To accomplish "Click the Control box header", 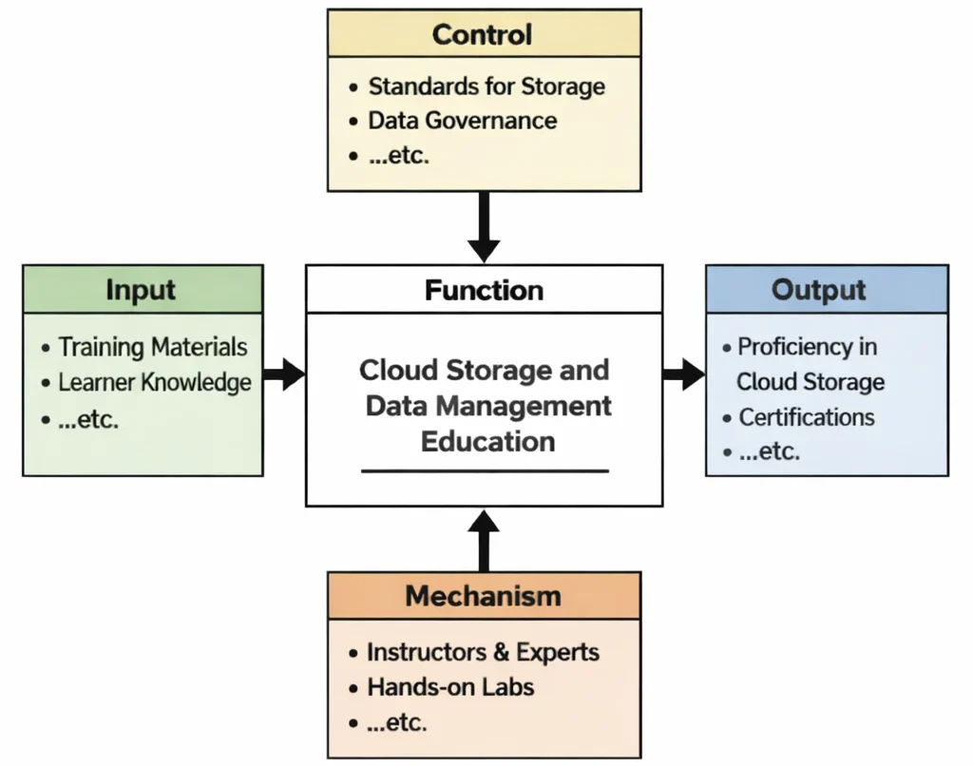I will pyautogui.click(x=484, y=34).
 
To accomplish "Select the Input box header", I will pyautogui.click(x=143, y=290).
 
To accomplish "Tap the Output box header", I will pyautogui.click(x=826, y=290).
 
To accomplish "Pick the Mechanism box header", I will pyautogui.click(x=484, y=596).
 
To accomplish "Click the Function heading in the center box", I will pyautogui.click(x=484, y=290).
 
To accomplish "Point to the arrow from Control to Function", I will pyautogui.click(x=484, y=226).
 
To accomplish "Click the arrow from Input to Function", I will pyautogui.click(x=283, y=374).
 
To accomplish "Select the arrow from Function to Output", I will pyautogui.click(x=683, y=374).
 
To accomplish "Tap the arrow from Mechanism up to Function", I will pyautogui.click(x=484, y=540).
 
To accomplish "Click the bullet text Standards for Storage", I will pyautogui.click(x=486, y=86).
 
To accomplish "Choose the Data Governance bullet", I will pyautogui.click(x=462, y=121).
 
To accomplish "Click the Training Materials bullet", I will pyautogui.click(x=153, y=347).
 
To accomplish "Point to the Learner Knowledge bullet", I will pyautogui.click(x=155, y=382).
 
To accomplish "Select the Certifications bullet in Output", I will pyautogui.click(x=807, y=417).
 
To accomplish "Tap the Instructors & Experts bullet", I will pyautogui.click(x=483, y=652).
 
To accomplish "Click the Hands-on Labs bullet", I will pyautogui.click(x=450, y=687).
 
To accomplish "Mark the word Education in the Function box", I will pyautogui.click(x=487, y=441).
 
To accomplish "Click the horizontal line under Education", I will pyautogui.click(x=485, y=470).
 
